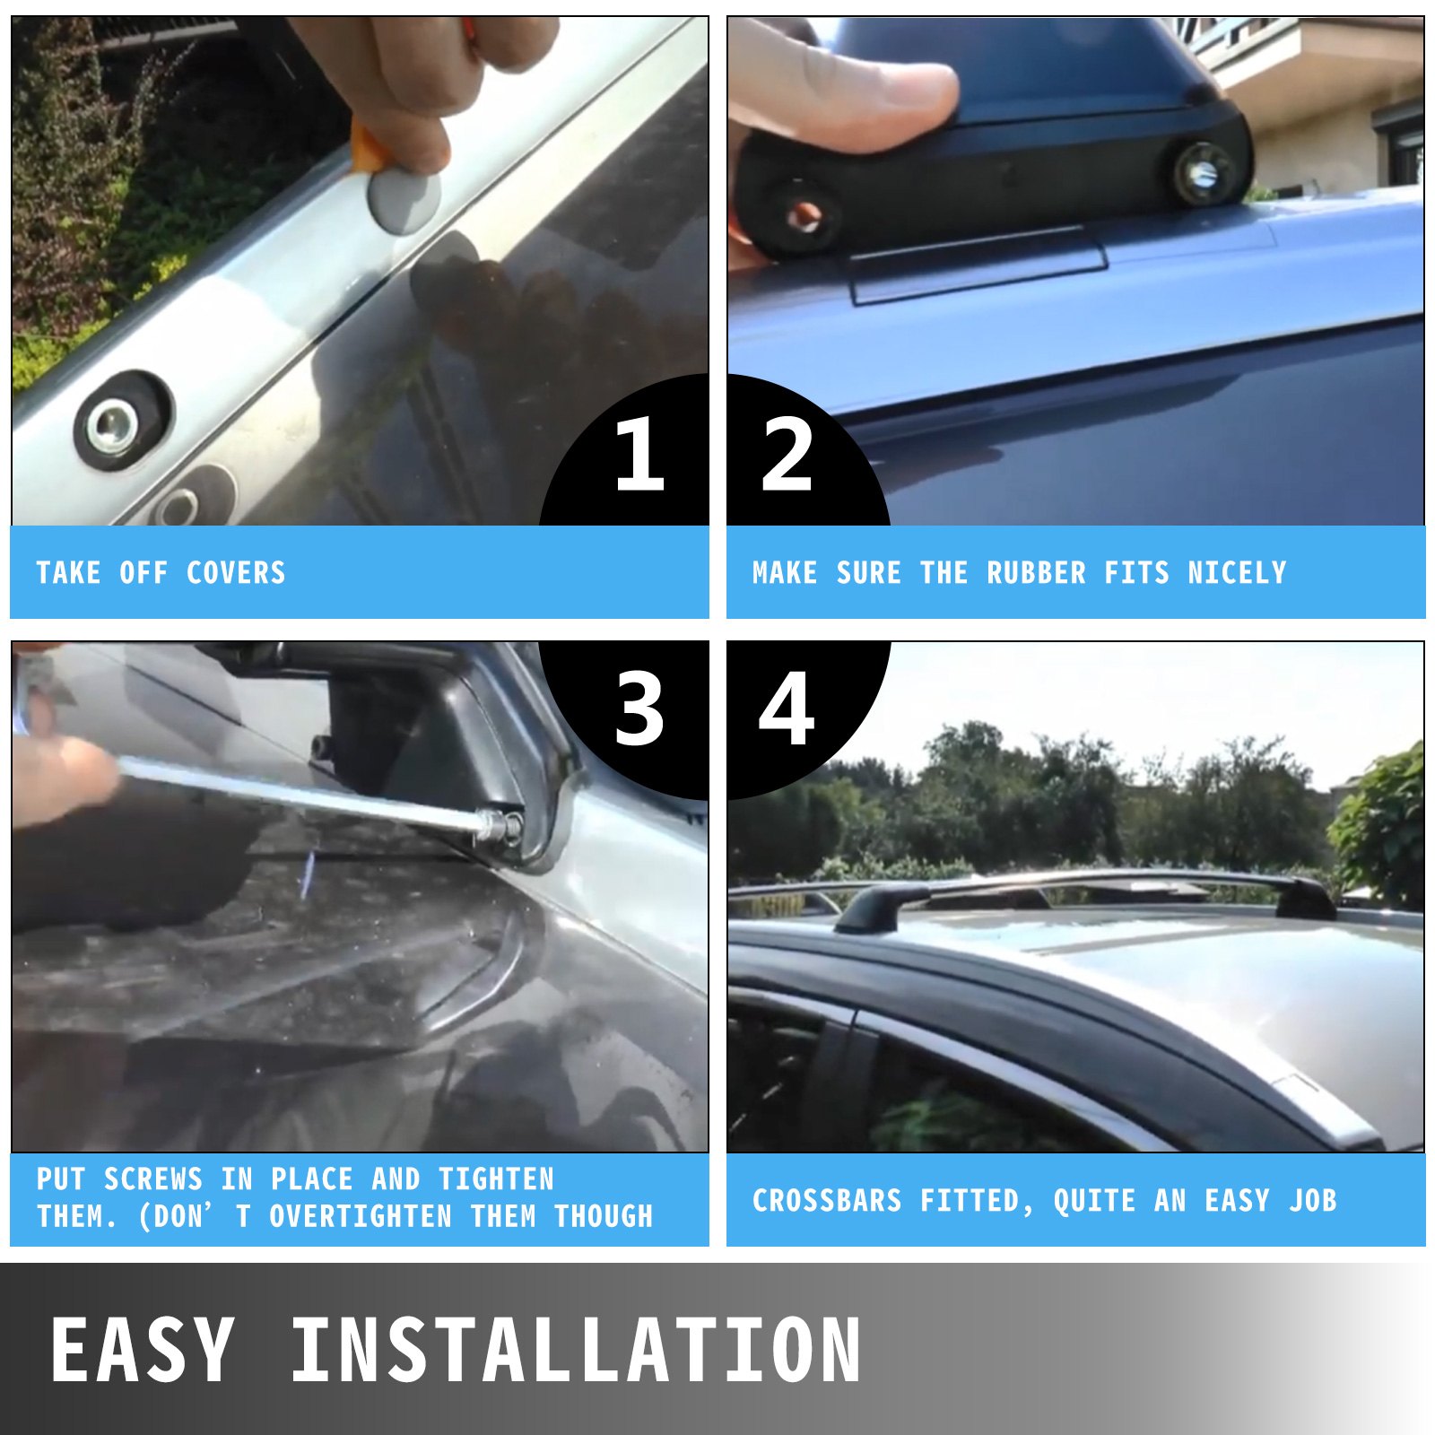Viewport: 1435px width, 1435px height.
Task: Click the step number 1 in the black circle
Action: coord(639,454)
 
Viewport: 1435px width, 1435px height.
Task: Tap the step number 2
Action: coord(787,454)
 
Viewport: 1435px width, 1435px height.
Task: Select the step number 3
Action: coord(639,709)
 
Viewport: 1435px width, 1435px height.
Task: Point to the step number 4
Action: coord(787,709)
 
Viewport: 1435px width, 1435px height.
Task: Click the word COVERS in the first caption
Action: coord(236,572)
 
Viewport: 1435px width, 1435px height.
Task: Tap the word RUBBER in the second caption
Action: coord(1036,572)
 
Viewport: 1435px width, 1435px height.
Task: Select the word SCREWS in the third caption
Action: coord(153,1178)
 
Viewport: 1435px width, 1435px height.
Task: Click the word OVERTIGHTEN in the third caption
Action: coord(361,1216)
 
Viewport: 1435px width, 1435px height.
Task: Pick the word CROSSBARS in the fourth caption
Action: coord(827,1200)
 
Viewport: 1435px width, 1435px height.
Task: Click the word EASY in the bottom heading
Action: coord(143,1349)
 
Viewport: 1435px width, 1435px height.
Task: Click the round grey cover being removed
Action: coord(403,199)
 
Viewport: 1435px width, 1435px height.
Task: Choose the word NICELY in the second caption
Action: coord(1237,572)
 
